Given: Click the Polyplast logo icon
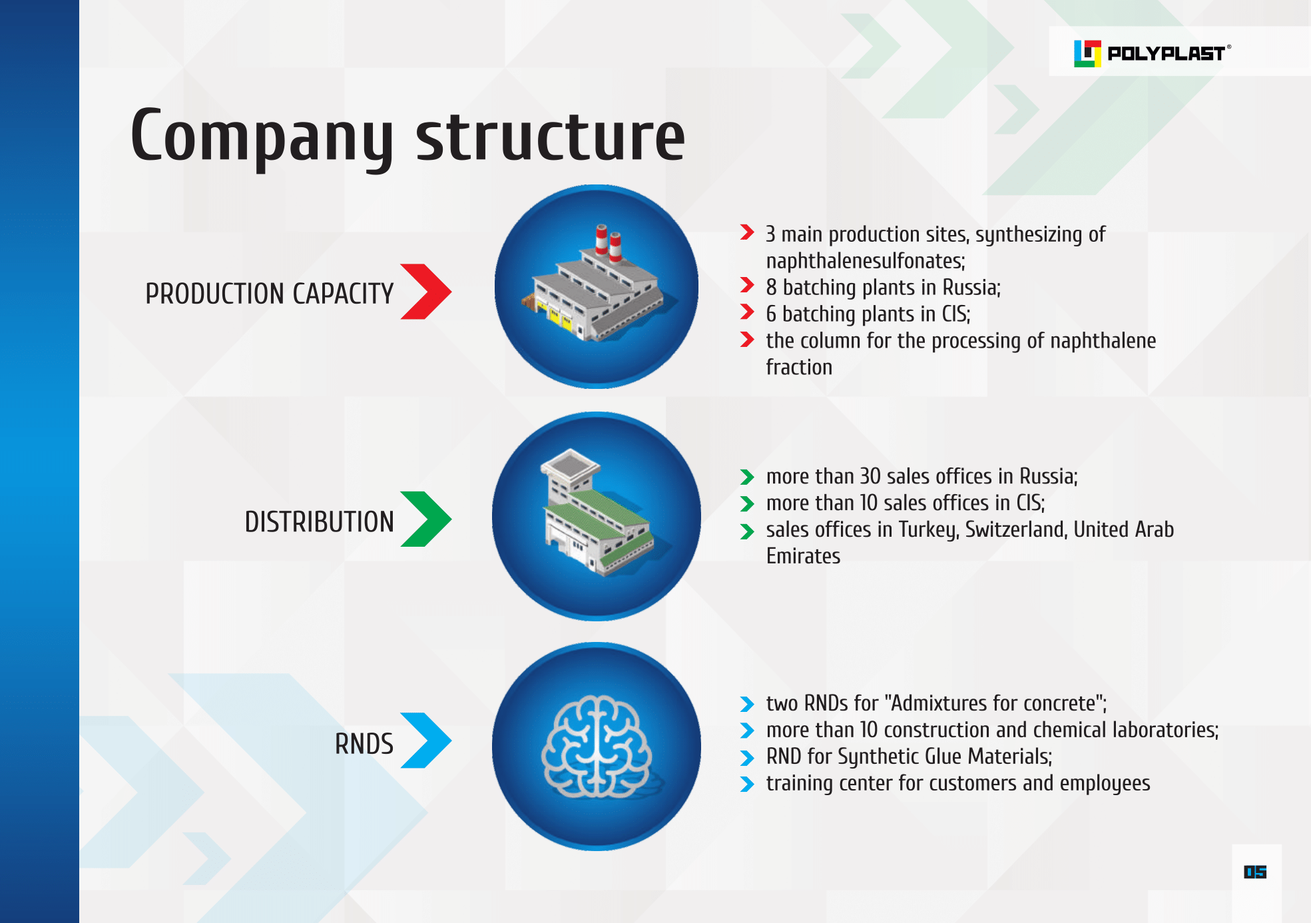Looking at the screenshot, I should tap(1087, 53).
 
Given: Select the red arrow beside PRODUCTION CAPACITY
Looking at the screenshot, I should tap(425, 292).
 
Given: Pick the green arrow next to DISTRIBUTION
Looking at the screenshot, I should tap(425, 519).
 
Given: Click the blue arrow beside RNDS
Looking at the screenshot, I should tap(425, 741).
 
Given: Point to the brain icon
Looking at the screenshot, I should tap(597, 747).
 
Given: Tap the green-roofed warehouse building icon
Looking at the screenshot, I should tap(596, 516).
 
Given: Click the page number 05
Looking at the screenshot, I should tap(1255, 872).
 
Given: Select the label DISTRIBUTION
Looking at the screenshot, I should tap(319, 522).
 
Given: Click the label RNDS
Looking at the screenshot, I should tap(364, 744).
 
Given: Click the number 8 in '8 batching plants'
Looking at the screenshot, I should tap(771, 288).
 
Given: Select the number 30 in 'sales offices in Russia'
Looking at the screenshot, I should tap(870, 476).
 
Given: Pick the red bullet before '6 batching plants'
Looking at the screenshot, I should tap(747, 312).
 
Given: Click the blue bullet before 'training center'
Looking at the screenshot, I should tap(747, 784).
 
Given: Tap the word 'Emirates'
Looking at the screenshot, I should tap(803, 556).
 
